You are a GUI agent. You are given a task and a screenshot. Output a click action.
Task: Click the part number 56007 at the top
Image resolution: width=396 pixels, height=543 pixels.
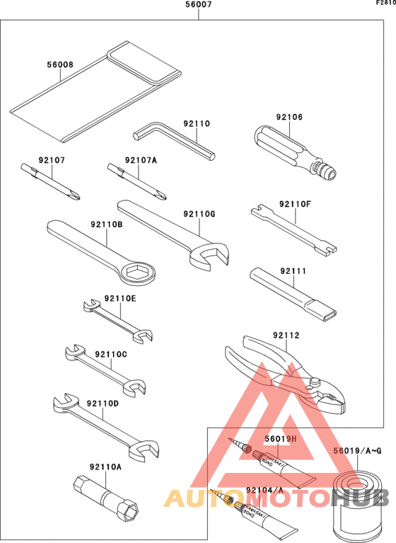[198, 6]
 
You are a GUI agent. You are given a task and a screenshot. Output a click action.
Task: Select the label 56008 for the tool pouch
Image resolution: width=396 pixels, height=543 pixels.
[59, 64]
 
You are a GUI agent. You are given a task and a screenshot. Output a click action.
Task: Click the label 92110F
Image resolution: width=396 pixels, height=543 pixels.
[294, 204]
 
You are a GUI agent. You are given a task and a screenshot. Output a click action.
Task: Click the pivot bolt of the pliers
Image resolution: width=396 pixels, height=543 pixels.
[313, 384]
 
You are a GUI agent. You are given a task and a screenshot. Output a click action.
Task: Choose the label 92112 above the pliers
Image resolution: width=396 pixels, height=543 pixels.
[286, 336]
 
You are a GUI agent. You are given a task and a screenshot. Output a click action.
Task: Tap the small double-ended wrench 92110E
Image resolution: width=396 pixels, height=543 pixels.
[117, 319]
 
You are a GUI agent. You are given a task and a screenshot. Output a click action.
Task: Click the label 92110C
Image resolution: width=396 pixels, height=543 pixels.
[110, 354]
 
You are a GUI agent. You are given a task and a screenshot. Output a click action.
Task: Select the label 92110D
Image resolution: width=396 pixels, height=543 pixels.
[103, 404]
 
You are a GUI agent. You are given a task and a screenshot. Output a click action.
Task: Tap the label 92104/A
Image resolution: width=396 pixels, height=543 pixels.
[264, 490]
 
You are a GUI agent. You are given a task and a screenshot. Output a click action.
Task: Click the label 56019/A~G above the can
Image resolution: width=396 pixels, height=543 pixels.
[357, 450]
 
